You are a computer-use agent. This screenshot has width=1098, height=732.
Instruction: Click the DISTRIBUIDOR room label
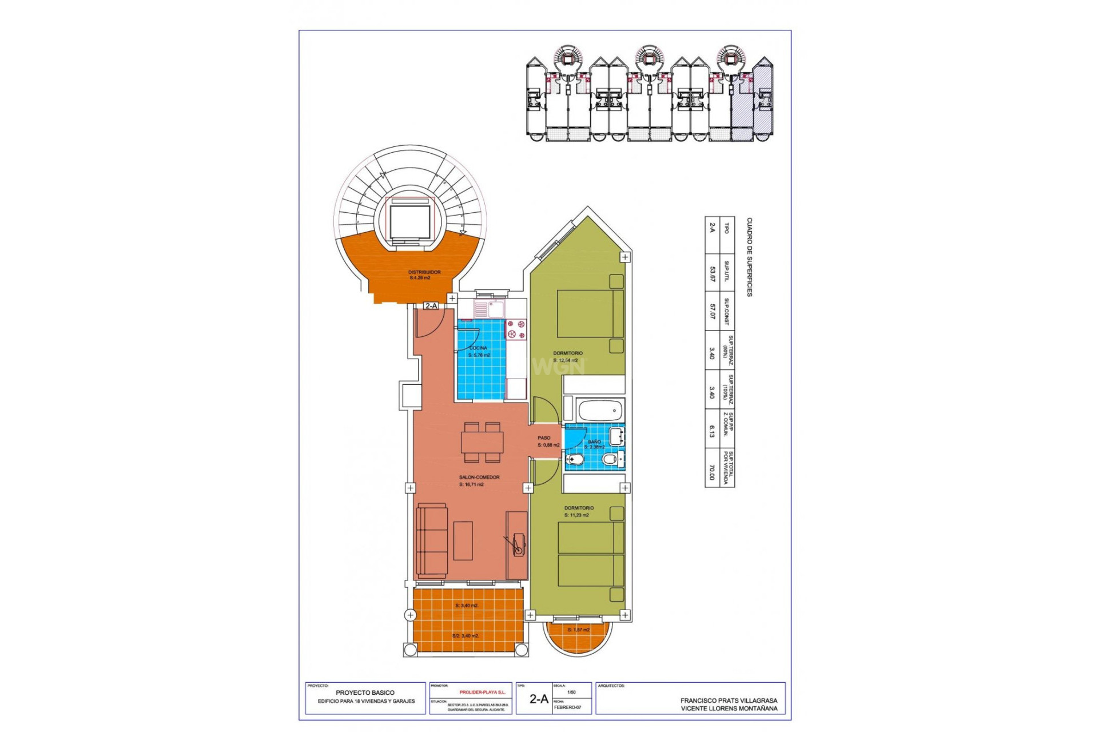(424, 272)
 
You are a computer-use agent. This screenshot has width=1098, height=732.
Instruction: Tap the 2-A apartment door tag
(431, 306)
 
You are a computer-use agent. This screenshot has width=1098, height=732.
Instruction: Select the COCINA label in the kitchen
(478, 348)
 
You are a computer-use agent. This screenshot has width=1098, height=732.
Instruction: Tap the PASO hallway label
(544, 438)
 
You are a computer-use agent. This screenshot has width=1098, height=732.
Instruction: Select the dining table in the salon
(482, 442)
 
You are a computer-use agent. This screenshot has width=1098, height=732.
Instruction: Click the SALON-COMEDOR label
(479, 477)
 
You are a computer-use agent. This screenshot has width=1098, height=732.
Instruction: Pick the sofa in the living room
(432, 540)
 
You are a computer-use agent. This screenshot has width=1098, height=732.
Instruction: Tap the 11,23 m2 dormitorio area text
(576, 515)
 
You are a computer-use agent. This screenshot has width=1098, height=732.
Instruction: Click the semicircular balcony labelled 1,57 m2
(579, 636)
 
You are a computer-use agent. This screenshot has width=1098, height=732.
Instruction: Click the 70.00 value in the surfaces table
(712, 472)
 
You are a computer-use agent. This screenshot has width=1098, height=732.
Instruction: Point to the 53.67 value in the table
(712, 274)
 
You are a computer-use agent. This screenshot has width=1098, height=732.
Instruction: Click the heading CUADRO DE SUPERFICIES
(749, 257)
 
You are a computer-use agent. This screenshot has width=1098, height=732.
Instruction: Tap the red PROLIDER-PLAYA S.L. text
(482, 692)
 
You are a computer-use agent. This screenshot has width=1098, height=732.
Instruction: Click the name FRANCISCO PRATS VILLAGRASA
(729, 700)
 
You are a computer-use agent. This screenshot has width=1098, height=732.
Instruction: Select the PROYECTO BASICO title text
(365, 693)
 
